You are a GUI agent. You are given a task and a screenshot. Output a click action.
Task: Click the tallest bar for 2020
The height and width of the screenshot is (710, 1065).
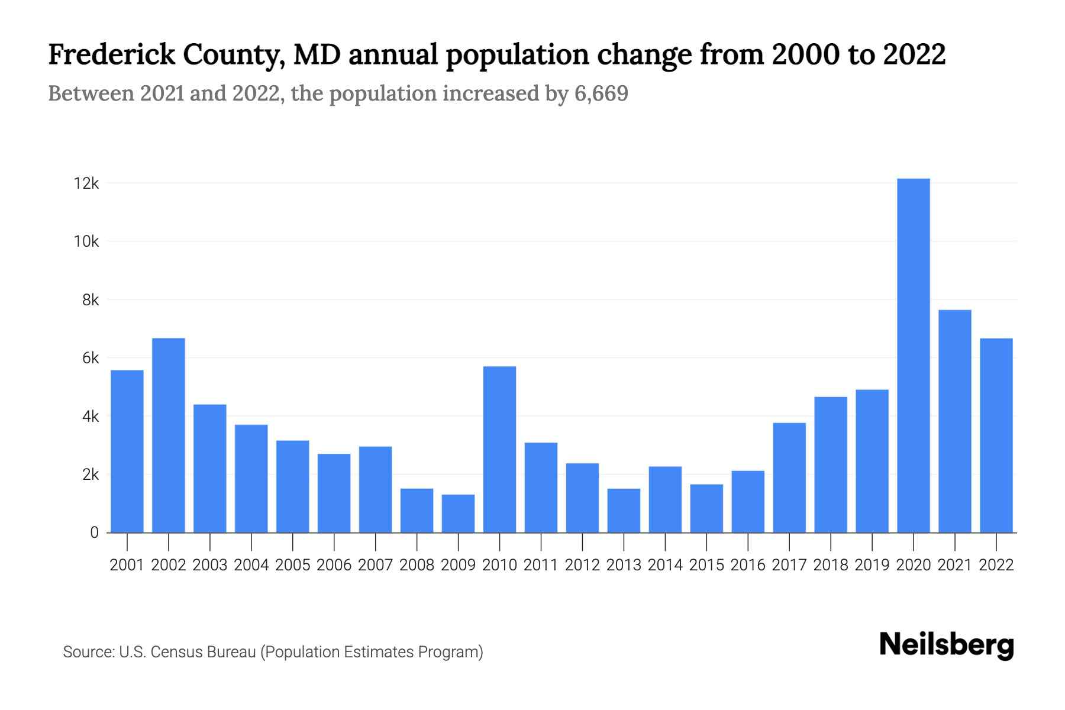913,355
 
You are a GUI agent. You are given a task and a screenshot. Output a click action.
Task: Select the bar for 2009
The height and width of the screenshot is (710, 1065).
458,514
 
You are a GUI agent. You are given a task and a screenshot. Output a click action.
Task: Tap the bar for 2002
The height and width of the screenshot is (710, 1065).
169,435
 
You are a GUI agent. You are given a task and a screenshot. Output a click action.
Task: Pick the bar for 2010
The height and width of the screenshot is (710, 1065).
499,450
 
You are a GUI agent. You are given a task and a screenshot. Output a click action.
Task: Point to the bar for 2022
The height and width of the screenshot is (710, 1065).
996,435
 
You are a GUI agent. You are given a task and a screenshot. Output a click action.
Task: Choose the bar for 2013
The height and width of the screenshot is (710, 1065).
624,511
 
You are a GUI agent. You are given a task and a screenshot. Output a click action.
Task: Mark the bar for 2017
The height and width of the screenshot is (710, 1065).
789,477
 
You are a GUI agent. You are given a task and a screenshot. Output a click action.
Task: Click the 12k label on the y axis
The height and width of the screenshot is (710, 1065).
86,183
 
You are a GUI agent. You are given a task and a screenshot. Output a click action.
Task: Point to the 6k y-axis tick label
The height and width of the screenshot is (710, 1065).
91,358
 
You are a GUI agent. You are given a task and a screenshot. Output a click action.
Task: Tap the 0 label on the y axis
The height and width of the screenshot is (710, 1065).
94,532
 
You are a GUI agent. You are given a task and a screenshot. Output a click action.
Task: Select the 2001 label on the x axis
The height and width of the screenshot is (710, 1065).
127,565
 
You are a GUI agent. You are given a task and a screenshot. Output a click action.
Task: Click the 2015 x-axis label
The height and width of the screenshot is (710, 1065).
706,565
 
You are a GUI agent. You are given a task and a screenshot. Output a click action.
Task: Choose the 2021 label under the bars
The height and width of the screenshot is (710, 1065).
954,565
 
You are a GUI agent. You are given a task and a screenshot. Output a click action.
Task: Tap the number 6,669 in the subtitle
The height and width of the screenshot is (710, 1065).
601,93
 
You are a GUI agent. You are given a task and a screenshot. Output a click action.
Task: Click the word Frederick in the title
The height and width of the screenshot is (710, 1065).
112,54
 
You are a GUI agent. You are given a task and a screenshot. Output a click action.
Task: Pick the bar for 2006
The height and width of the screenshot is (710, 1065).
334,493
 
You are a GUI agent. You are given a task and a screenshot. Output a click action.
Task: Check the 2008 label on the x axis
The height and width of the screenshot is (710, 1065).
417,565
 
